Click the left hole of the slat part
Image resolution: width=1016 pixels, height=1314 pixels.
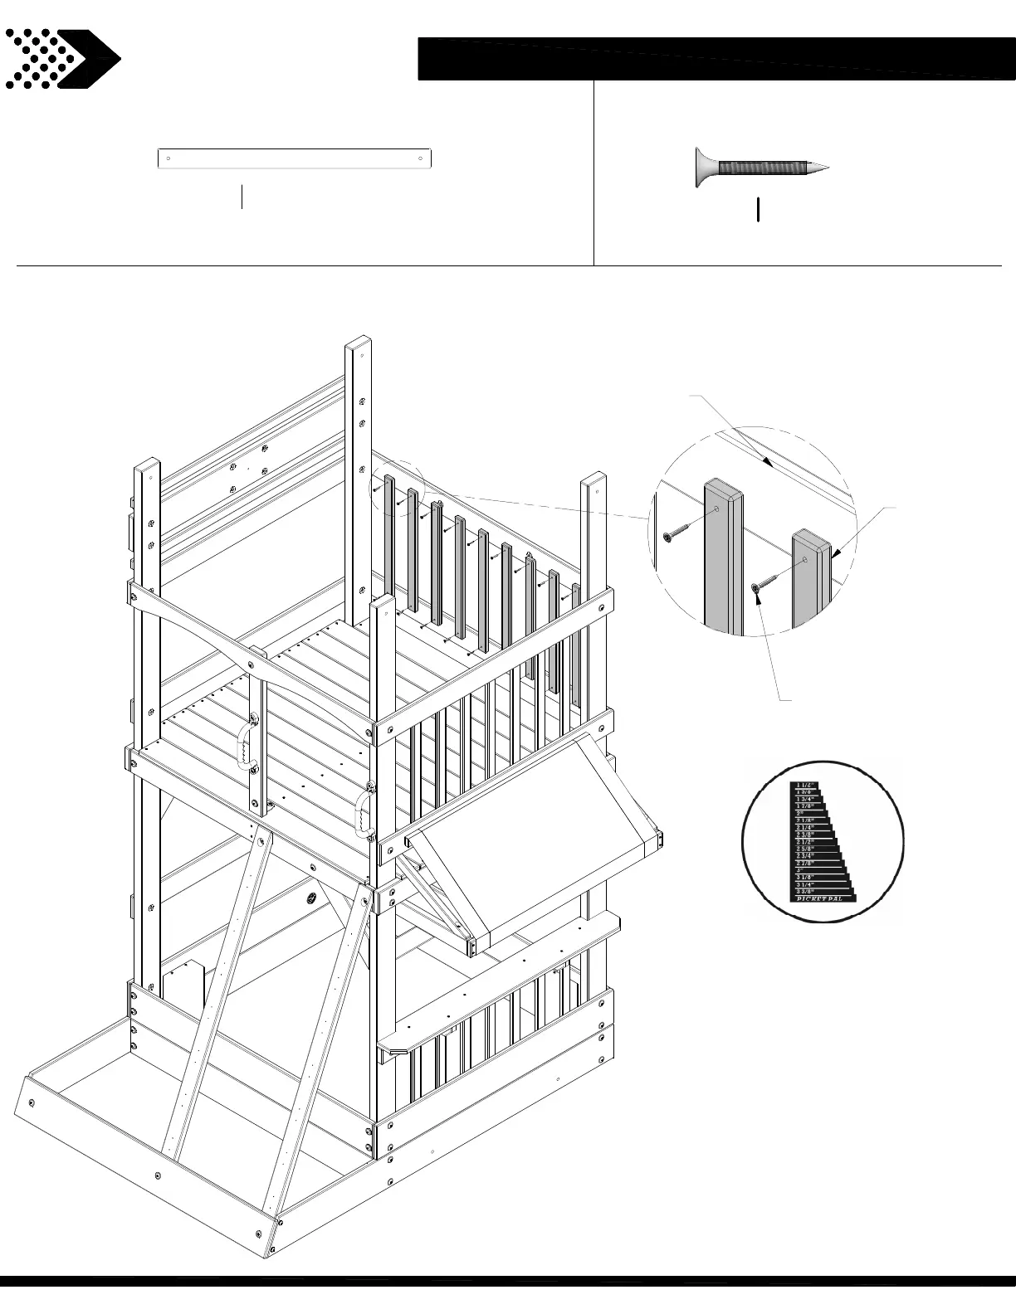point(169,158)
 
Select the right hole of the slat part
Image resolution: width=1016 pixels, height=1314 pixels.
point(422,158)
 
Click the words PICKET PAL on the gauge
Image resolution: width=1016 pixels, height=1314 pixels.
point(820,898)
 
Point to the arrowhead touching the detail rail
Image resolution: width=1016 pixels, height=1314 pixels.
point(770,465)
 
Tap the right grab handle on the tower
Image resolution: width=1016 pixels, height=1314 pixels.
point(362,814)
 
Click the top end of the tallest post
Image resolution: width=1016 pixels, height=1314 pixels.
point(359,343)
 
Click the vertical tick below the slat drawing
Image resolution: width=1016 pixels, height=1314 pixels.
point(242,197)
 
